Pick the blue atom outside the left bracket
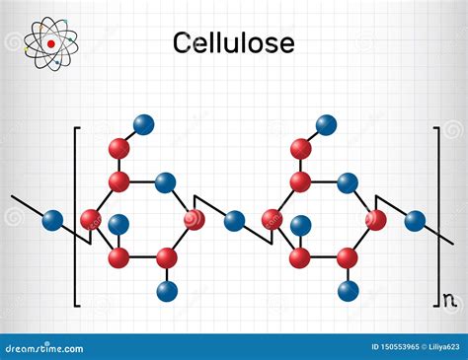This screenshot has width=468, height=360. tap(53, 220)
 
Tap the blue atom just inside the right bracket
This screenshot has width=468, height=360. tap(416, 220)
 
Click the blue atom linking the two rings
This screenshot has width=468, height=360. tap(234, 220)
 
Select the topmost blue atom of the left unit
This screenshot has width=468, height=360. tap(144, 124)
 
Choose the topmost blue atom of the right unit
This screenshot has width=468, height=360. tap(326, 124)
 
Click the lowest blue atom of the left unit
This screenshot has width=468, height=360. tap(167, 290)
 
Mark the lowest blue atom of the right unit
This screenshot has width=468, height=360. tap(348, 290)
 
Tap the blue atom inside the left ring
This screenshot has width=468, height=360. tap(118, 225)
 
